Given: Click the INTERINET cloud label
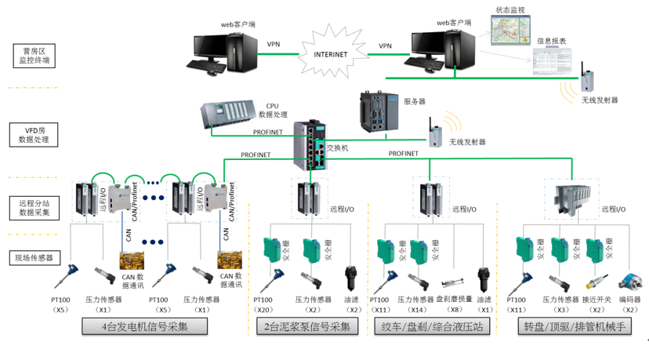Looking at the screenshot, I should point(330,54).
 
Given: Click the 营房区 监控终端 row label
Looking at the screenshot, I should point(35,55).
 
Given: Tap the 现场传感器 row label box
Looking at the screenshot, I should point(35,257).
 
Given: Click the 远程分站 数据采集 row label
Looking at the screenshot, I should point(34,207).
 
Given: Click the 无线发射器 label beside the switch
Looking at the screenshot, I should point(468,142).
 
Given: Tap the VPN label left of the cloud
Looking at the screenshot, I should point(274,45).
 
